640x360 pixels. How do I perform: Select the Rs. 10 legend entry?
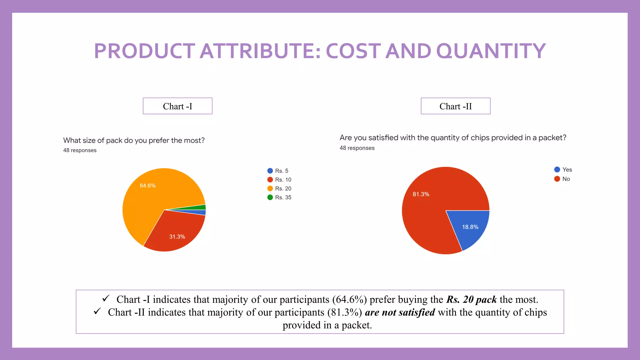click(x=279, y=180)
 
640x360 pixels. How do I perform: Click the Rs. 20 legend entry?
click(x=279, y=188)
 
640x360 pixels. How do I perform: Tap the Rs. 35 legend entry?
click(x=279, y=197)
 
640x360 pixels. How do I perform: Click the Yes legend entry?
click(x=563, y=169)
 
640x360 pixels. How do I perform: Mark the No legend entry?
click(x=562, y=179)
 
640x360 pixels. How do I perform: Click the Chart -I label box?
click(x=177, y=106)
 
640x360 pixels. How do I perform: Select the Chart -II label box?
click(x=455, y=106)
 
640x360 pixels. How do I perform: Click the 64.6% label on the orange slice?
click(x=147, y=186)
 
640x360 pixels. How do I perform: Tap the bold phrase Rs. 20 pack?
click(x=472, y=299)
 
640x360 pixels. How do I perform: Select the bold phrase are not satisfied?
click(x=400, y=312)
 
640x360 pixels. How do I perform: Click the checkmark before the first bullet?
click(x=106, y=298)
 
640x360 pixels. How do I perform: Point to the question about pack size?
click(x=134, y=140)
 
